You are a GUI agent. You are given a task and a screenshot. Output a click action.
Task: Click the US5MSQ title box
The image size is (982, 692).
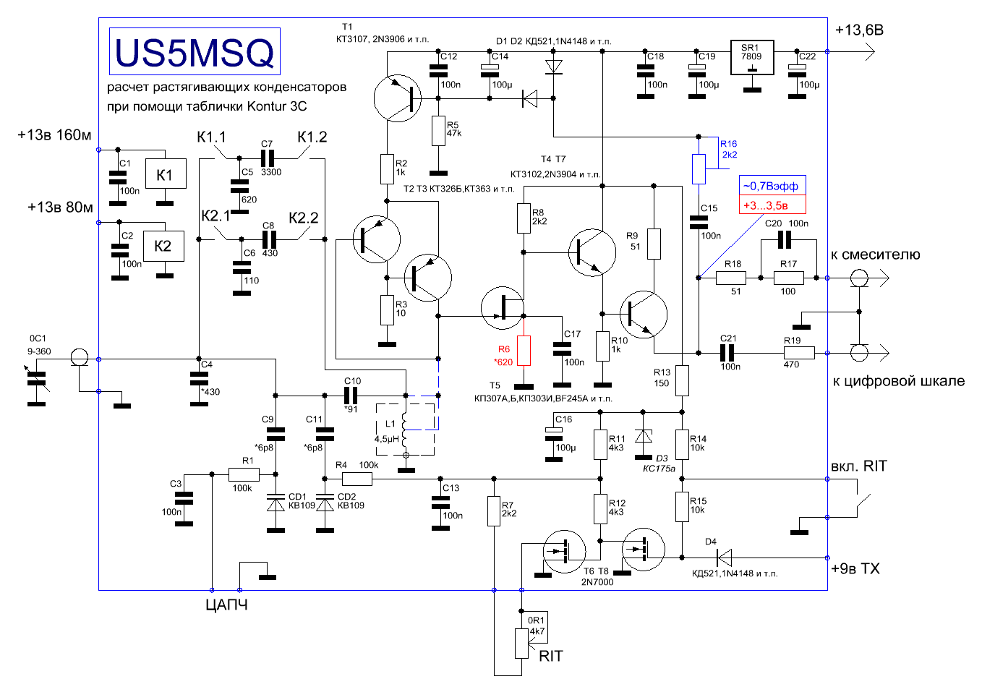(195, 51)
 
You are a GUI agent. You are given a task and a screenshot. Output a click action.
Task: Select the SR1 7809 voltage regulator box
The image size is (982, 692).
(752, 57)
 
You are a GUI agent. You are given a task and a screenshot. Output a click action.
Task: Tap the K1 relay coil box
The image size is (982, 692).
(166, 174)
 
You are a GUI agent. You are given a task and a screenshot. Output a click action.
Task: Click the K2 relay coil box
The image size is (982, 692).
(163, 247)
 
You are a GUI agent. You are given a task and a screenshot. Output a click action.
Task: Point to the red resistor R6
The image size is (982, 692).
(524, 351)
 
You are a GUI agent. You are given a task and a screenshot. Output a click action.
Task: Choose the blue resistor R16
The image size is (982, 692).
(699, 168)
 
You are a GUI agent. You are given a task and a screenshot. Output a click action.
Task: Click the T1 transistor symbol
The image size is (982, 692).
(397, 98)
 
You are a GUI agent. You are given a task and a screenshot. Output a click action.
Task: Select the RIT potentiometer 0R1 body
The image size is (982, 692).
(521, 644)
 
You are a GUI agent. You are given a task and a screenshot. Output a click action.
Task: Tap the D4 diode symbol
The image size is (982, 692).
(724, 558)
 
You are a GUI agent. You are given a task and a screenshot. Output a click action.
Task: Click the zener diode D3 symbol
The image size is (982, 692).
(643, 437)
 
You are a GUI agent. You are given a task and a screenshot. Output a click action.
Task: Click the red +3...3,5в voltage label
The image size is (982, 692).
(772, 205)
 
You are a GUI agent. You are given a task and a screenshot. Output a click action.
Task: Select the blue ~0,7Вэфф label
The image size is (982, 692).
(772, 186)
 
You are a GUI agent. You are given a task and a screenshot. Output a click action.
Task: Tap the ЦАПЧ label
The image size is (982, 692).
(226, 605)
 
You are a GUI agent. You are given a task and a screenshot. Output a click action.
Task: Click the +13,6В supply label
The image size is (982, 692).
(859, 30)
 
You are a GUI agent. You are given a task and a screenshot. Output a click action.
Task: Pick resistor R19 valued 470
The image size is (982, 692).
(799, 353)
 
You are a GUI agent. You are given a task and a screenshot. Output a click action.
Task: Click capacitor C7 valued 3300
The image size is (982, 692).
(267, 158)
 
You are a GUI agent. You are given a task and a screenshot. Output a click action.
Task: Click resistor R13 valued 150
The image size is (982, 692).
(682, 380)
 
